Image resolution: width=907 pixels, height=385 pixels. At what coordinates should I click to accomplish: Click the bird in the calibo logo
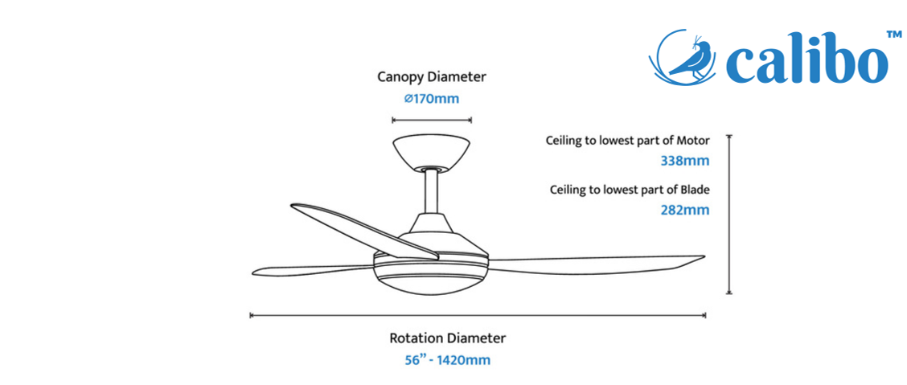(691, 58)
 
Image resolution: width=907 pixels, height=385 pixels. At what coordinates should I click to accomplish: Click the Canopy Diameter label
(432, 76)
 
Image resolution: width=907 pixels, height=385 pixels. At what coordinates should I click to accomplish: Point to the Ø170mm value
(432, 99)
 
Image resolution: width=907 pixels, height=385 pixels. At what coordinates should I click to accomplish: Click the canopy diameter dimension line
(432, 121)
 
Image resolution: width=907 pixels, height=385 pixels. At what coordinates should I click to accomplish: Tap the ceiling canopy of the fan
(432, 154)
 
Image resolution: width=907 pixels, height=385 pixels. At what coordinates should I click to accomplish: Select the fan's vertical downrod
(432, 193)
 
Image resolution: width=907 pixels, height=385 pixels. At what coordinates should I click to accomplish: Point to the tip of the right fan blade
(704, 256)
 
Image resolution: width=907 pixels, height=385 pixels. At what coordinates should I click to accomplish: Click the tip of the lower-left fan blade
(253, 272)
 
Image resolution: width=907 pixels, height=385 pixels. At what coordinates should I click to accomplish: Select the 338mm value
(685, 161)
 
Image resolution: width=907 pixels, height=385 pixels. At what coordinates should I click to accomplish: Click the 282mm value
(685, 210)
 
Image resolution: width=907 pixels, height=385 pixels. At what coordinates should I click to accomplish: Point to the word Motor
(693, 141)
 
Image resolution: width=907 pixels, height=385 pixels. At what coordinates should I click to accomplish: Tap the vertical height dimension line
(729, 215)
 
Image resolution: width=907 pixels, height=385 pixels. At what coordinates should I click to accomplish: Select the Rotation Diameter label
(448, 338)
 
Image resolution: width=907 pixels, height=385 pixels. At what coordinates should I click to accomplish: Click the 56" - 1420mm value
(448, 360)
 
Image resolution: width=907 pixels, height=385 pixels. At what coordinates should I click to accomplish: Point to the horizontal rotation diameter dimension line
(478, 315)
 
